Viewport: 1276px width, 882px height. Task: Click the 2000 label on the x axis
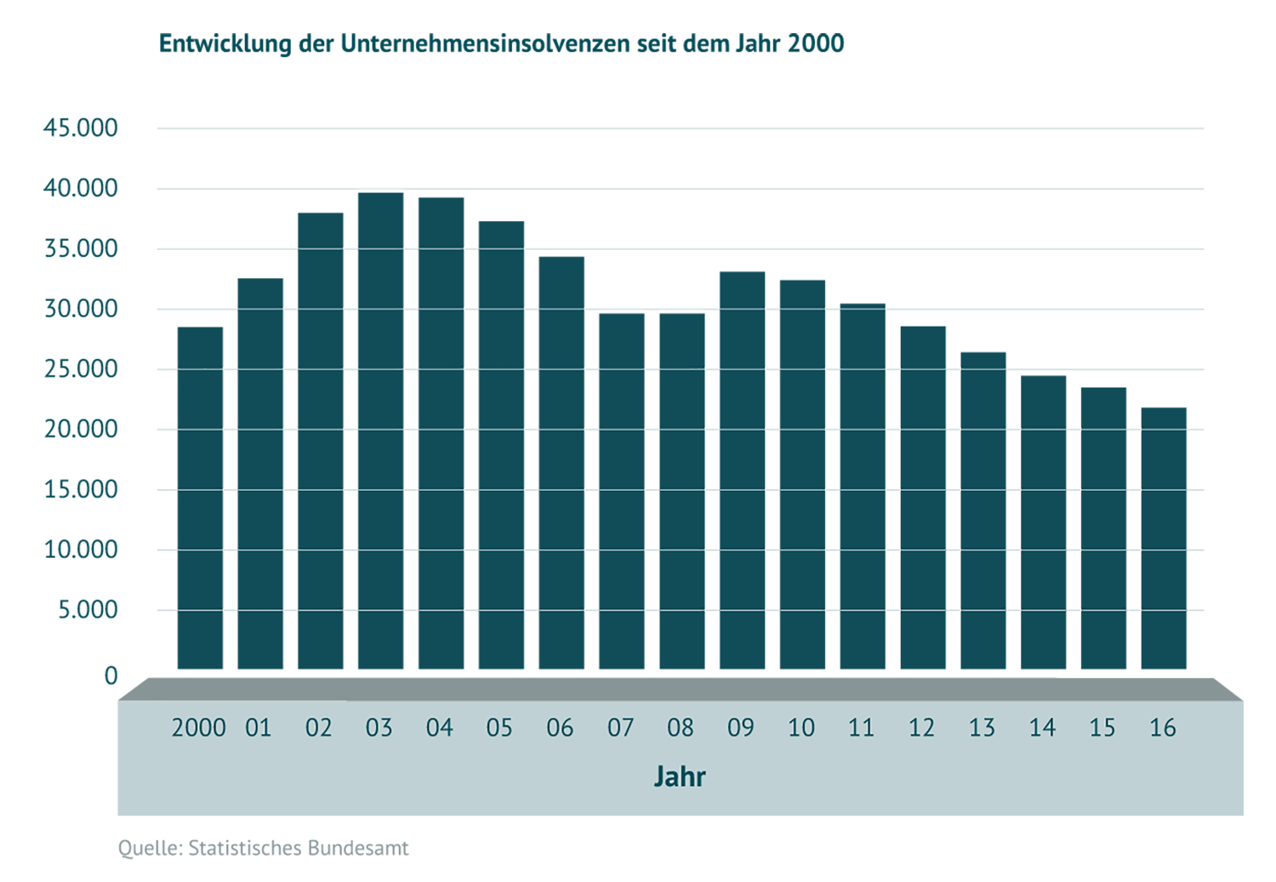198,728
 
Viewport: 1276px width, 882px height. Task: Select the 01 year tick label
258,728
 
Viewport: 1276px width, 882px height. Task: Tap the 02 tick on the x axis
318,728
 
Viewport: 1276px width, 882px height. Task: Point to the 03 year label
379,728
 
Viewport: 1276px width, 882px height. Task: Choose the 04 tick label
439,728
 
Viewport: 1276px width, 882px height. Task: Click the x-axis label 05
499,728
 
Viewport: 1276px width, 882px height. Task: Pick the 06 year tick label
560,728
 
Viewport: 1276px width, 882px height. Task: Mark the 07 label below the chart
620,728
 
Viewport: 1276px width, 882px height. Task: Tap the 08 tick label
681,728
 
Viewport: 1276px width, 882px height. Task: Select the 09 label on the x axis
740,728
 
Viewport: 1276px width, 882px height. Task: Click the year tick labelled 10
800,728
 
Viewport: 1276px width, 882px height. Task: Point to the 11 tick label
861,728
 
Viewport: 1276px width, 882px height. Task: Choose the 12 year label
921,728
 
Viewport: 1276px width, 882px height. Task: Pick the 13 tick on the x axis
982,728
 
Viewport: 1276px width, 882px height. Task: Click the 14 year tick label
1042,728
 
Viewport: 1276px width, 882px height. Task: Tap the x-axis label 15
1102,728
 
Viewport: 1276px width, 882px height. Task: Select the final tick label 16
1163,728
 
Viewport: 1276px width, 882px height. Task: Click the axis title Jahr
680,777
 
